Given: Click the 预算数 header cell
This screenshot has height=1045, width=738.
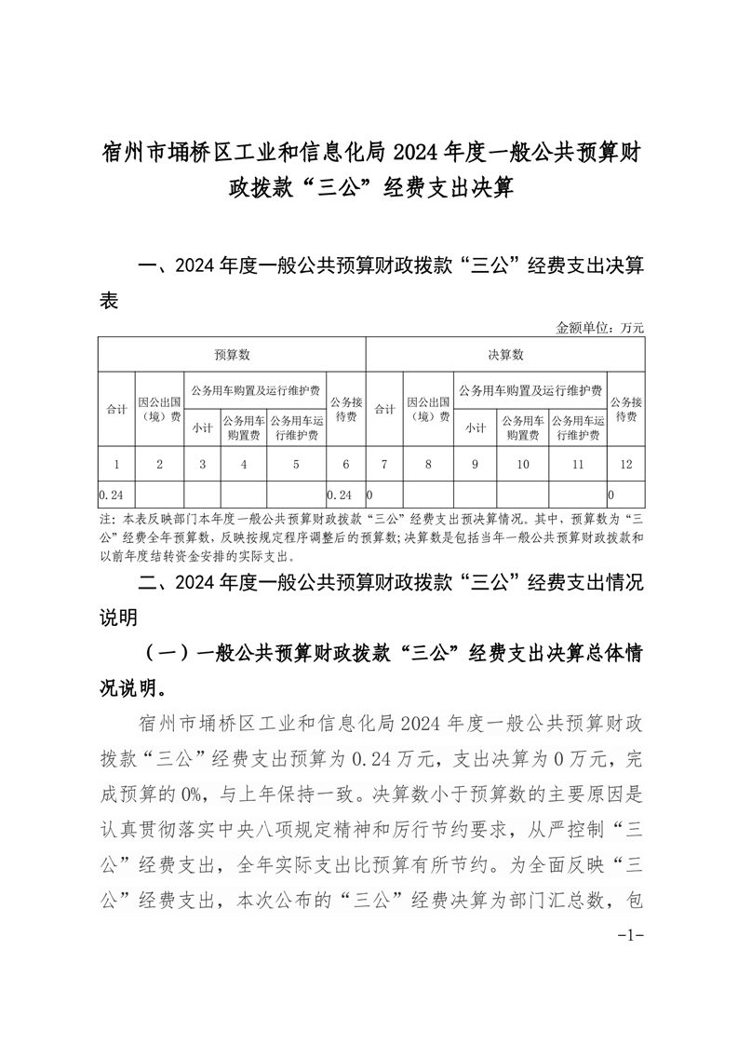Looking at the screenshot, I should click(232, 355).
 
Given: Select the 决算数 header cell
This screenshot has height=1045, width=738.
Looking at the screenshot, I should click(505, 355).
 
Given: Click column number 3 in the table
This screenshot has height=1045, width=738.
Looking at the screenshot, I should click(202, 463).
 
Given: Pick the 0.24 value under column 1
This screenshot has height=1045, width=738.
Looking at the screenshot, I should click(111, 493).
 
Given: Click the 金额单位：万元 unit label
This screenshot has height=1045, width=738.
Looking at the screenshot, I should click(599, 328).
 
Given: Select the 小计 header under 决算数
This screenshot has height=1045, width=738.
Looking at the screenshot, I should click(476, 428).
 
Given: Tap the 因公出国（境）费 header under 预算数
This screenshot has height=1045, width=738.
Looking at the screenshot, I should click(159, 409).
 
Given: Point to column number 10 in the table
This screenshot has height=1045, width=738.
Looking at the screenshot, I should click(523, 463).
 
